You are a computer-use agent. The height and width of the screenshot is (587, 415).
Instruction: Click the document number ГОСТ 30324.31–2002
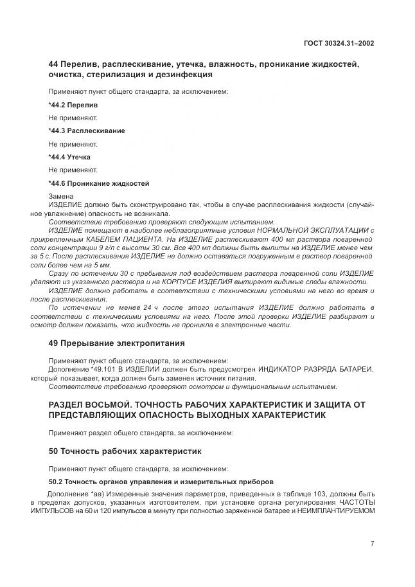point(339,42)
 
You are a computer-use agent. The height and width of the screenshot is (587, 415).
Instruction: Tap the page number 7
point(372,544)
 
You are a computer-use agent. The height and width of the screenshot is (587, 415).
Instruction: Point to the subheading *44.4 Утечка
point(69,157)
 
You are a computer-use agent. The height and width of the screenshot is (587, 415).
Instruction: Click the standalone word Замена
point(62,196)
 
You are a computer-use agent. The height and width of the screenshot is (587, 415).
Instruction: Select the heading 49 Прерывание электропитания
point(116,343)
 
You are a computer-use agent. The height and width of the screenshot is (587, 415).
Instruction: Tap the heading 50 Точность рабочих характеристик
point(125,451)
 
